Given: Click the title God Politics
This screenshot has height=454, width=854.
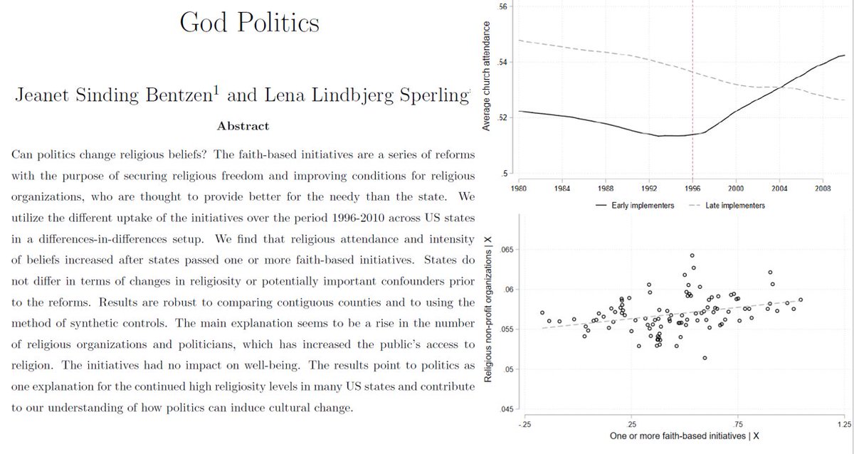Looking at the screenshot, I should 249,23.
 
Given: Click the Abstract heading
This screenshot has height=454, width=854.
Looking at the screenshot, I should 243,126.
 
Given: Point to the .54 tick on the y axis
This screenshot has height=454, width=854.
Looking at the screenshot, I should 502,63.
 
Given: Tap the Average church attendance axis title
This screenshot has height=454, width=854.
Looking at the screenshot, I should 487,76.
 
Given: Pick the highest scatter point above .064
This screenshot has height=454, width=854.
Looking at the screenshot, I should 692,255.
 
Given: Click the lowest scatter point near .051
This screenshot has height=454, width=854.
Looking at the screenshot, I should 705,358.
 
